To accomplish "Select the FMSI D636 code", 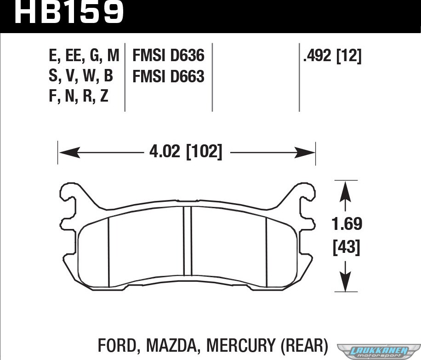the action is pos(168,56).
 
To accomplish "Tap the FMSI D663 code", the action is pos(168,76).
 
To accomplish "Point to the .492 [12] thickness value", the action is pos(332,56).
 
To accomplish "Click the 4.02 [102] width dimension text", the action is pos(186,152).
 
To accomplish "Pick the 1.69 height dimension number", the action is pos(347,224).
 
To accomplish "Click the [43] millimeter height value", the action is pos(347,247).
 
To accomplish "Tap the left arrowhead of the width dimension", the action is pos(69,153).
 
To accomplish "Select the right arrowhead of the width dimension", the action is pos(305,153).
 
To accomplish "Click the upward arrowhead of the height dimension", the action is pos(345,192).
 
